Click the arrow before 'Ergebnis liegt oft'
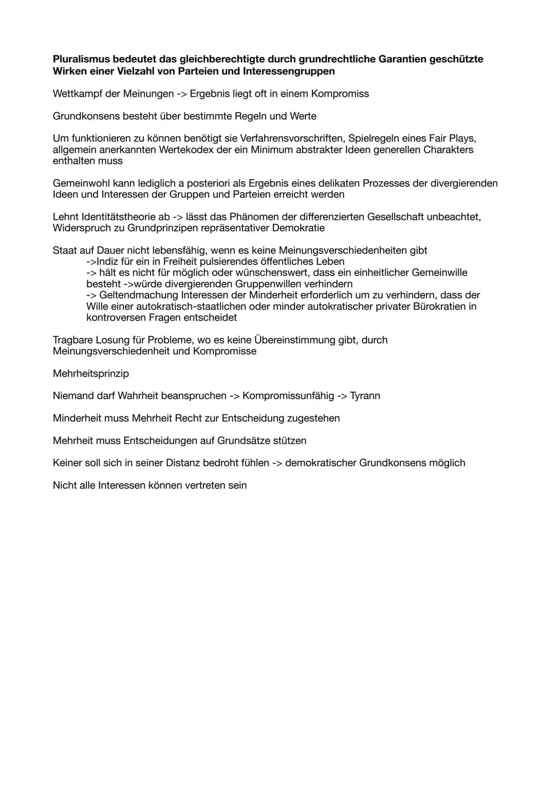pyautogui.click(x=182, y=94)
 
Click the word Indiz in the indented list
pyautogui.click(x=107, y=261)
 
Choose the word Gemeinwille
pyautogui.click(x=440, y=272)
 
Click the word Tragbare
pyautogui.click(x=73, y=340)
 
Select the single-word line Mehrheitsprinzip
pyautogui.click(x=91, y=373)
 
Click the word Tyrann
pyautogui.click(x=365, y=396)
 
